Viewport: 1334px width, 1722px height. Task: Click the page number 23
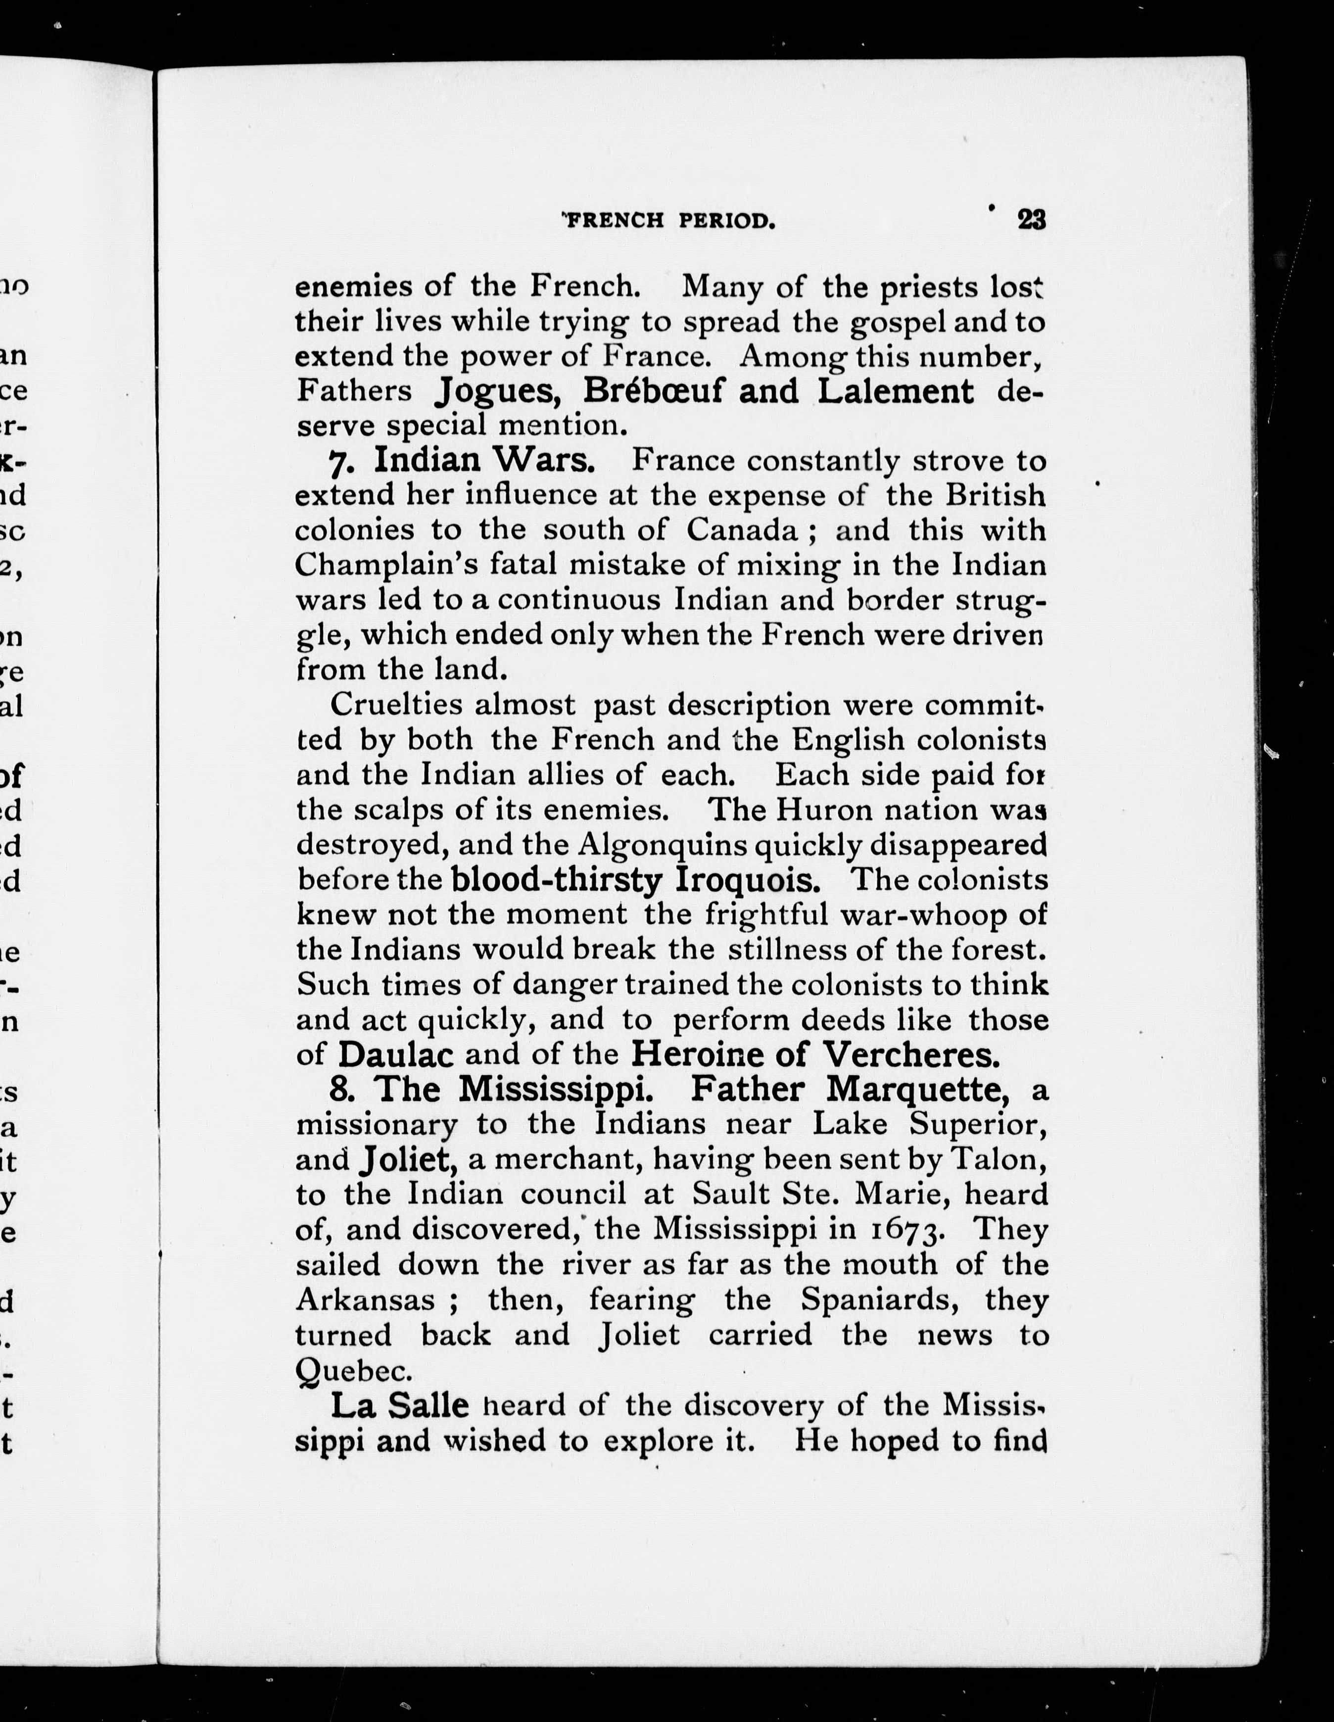[1031, 219]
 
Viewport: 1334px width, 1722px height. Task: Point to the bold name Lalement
[895, 391]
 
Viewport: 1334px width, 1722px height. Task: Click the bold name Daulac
[396, 1054]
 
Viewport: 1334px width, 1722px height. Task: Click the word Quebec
[354, 1370]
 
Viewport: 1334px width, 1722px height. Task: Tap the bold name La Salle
[400, 1405]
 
